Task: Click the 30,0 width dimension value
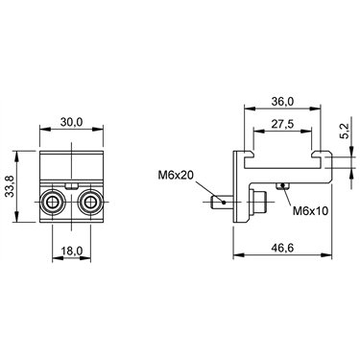(x=71, y=122)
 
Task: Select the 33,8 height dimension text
(x=11, y=187)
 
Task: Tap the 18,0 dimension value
(x=72, y=251)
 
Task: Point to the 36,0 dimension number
(x=282, y=102)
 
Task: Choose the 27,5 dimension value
(x=282, y=124)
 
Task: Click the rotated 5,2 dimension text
(x=346, y=132)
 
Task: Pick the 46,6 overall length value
(x=282, y=248)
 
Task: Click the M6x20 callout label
(x=175, y=176)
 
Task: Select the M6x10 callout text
(x=310, y=211)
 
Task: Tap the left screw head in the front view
(x=52, y=203)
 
